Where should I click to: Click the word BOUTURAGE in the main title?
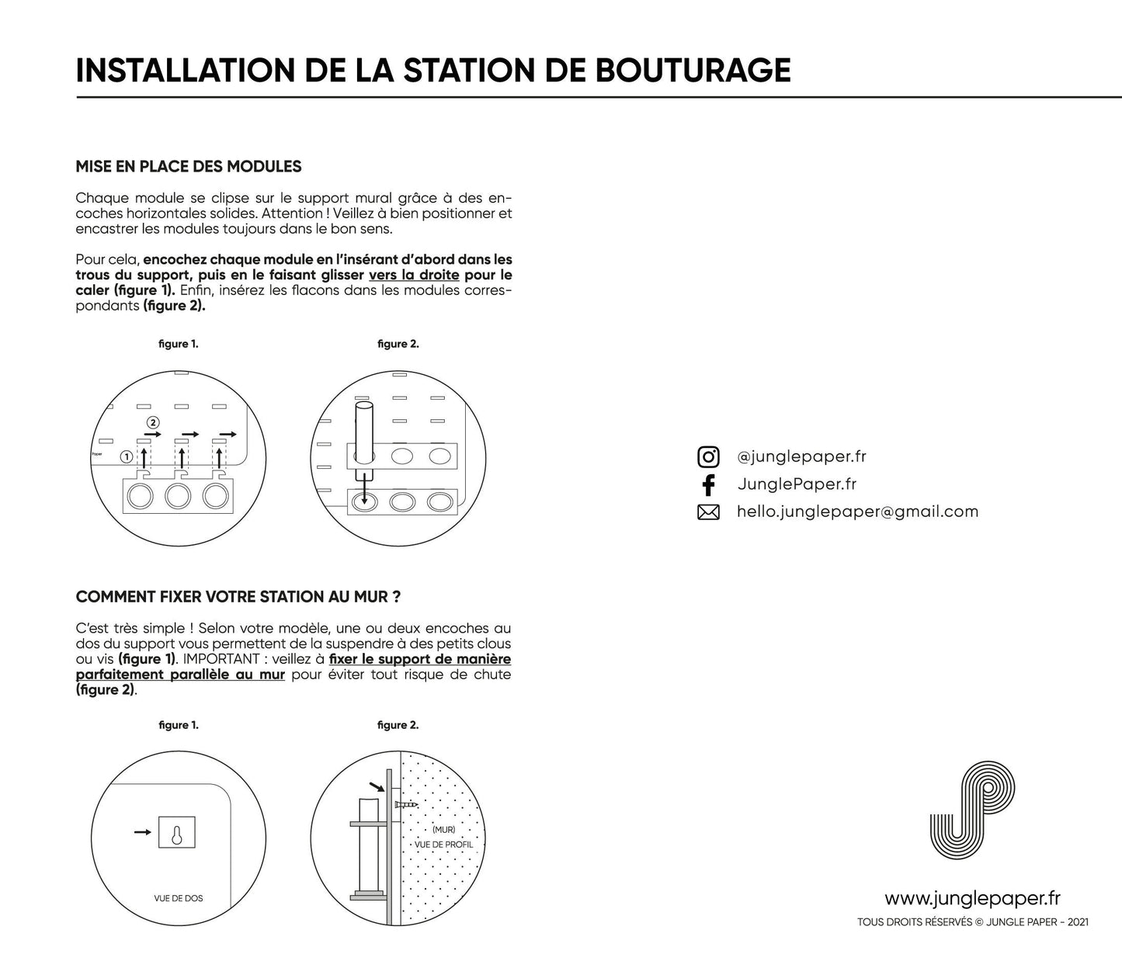coord(692,70)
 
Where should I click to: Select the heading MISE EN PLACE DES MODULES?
coord(189,166)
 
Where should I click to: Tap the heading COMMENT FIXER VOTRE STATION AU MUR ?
coord(238,597)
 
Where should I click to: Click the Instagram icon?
coord(708,456)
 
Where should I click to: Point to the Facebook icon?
coord(708,484)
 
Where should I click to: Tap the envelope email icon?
coord(708,512)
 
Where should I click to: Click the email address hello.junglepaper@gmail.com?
coord(857,512)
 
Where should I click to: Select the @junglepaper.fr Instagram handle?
coord(801,456)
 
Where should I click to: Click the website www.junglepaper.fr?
coord(972,898)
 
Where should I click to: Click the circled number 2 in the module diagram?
coord(153,422)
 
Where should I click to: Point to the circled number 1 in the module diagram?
coord(126,456)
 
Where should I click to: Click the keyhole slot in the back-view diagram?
coord(176,835)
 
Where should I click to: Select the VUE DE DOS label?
coord(179,898)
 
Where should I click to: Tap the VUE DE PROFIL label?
coord(443,845)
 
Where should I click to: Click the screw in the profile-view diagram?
coord(406,805)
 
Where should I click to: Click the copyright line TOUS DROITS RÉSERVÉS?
coord(972,922)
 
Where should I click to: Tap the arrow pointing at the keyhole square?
coord(142,832)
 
